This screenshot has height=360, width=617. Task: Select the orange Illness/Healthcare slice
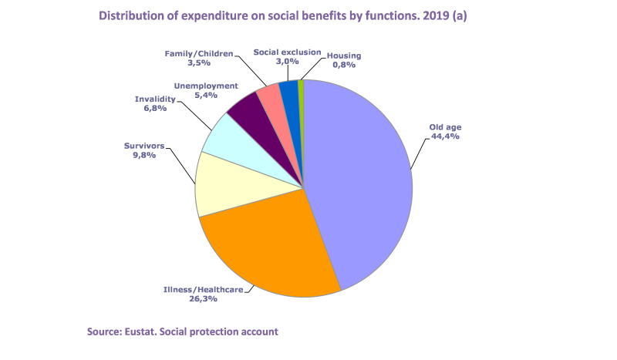(x=266, y=247)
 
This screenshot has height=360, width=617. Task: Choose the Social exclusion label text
(x=287, y=52)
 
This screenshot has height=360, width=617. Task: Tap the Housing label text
(x=344, y=56)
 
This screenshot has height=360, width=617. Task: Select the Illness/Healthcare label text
(x=204, y=290)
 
